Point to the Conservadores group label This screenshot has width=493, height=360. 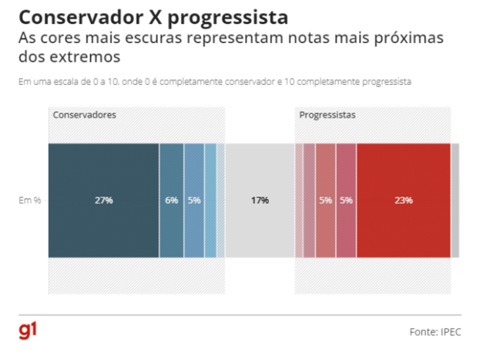point(85,115)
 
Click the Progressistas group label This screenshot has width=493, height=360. point(327,115)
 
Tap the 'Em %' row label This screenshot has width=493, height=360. point(29,200)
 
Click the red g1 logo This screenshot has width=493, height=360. point(29,331)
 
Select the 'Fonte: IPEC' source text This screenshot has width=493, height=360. point(435,331)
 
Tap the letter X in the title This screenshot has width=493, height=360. point(163,17)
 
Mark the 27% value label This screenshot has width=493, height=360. point(104,200)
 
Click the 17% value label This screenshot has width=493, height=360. point(260,200)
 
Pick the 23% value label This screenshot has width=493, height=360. point(403,200)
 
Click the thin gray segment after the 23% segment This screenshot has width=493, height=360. point(454,200)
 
